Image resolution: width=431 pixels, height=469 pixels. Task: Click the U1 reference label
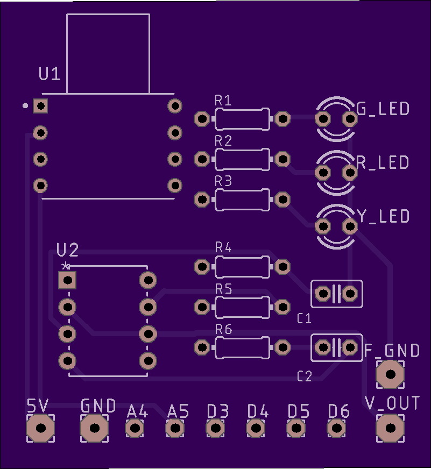pos(50,74)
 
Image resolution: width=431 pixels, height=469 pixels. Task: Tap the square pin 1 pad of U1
pos(40,106)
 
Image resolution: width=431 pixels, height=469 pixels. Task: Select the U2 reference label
pos(68,250)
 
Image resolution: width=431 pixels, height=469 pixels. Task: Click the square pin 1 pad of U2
pos(67,280)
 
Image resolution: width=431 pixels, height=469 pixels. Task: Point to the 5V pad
pos(40,429)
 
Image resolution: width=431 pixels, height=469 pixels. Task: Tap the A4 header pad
pos(135,429)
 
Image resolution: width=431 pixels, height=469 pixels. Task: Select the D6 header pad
pos(337,429)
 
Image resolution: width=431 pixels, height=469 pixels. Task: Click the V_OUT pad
pos(390,428)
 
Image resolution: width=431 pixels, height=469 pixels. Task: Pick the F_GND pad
pos(390,374)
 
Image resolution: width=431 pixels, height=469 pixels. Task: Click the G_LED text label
pos(383,109)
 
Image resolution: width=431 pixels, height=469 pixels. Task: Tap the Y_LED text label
pos(383,216)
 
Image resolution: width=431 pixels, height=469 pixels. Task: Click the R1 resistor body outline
pos(242,119)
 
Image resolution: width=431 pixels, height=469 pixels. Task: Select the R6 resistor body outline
pos(242,347)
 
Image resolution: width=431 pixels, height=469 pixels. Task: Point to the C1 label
pos(305,319)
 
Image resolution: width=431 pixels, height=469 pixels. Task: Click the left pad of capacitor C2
pos(323,347)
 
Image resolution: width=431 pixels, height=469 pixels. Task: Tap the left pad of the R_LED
pos(323,173)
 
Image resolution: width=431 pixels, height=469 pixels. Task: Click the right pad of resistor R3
pos(282,200)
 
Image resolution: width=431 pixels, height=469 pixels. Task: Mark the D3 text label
pos(218,412)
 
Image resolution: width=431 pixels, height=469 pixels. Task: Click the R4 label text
pos(223,248)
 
